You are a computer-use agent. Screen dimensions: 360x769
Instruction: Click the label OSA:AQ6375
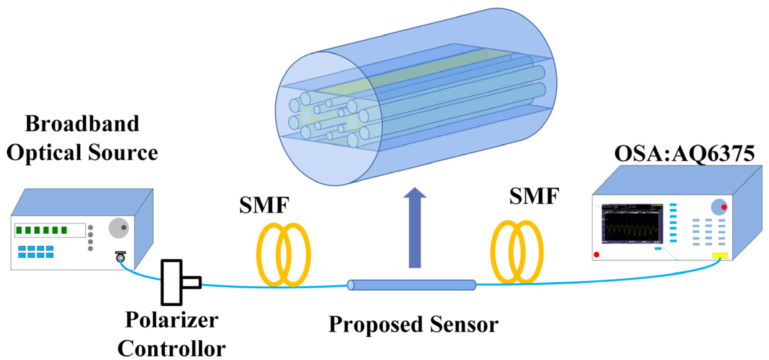(684, 154)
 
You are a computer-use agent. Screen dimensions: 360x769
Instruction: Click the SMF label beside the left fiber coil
(264, 205)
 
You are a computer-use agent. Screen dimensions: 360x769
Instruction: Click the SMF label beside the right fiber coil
(534, 196)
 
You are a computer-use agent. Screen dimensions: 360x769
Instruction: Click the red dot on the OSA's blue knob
(724, 207)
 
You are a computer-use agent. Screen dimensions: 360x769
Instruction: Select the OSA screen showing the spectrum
(632, 223)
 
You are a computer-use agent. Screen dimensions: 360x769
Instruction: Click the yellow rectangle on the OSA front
(720, 255)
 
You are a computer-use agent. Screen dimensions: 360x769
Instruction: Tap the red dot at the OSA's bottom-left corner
(596, 254)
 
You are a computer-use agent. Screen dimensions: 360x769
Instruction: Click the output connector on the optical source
(120, 257)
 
